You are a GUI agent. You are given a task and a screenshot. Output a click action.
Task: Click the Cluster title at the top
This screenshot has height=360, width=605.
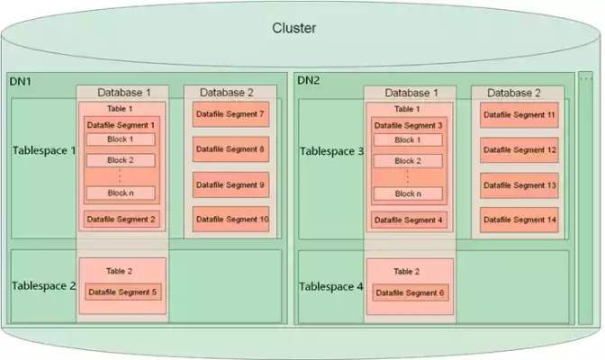(293, 28)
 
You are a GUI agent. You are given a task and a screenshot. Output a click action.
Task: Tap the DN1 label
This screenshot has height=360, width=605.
(21, 81)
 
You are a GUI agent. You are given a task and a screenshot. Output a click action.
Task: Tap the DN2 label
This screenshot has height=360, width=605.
(309, 81)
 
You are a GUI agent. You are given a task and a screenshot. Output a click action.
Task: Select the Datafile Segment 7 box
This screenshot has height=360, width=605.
(230, 114)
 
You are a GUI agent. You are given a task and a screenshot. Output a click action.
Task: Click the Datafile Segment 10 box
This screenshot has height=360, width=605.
(230, 220)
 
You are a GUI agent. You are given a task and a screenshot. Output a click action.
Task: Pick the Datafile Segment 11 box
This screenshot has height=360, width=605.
(519, 115)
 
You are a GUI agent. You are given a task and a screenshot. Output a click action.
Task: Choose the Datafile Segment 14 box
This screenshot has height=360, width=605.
(519, 220)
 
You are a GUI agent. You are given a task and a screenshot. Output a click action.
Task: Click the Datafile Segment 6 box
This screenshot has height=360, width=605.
(409, 292)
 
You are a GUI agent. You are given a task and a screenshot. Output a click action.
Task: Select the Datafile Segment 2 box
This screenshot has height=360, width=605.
(121, 219)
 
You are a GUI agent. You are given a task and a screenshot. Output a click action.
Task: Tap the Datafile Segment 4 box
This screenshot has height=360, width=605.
(409, 219)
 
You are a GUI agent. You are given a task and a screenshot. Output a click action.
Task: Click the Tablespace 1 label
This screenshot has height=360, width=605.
(44, 150)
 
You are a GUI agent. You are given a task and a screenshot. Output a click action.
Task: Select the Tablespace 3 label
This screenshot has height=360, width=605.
(331, 151)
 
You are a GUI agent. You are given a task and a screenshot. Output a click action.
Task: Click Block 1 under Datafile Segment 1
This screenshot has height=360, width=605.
(121, 139)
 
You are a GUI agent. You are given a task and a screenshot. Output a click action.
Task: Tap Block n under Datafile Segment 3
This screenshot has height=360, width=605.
(408, 193)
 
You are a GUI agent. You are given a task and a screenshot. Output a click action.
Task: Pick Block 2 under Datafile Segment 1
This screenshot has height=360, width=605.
(121, 160)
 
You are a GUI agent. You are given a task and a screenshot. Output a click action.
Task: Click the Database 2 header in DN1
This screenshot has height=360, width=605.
(227, 92)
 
